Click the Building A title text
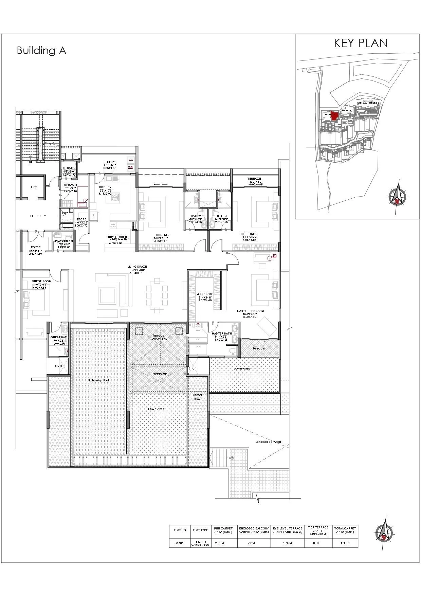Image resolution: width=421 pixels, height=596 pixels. [x=41, y=51]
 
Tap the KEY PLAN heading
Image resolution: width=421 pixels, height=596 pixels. [x=361, y=43]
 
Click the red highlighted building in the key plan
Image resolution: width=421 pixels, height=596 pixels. [x=334, y=115]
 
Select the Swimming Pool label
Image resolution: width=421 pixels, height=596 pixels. [x=98, y=381]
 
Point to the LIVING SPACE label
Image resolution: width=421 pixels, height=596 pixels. [x=137, y=267]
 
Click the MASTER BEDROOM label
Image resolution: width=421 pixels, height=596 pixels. [x=251, y=311]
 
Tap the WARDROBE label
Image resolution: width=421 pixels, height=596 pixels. [x=205, y=294]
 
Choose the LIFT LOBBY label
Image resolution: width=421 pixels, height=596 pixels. [x=38, y=216]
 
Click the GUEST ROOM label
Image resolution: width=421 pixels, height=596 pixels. [x=41, y=281]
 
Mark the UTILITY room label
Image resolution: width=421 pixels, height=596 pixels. [x=110, y=162]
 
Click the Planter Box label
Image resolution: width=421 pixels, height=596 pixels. [x=197, y=397]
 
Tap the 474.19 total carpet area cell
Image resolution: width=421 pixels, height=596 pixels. [x=345, y=543]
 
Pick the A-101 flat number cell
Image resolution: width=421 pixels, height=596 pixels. [x=180, y=543]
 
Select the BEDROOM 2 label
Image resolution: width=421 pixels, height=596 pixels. [x=161, y=234]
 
